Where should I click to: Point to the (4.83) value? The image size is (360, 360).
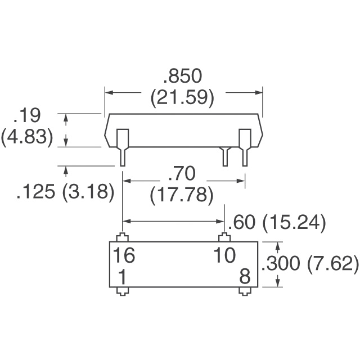[27, 138]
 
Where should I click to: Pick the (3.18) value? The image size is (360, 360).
[89, 193]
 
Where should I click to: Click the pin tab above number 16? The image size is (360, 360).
[122, 237]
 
